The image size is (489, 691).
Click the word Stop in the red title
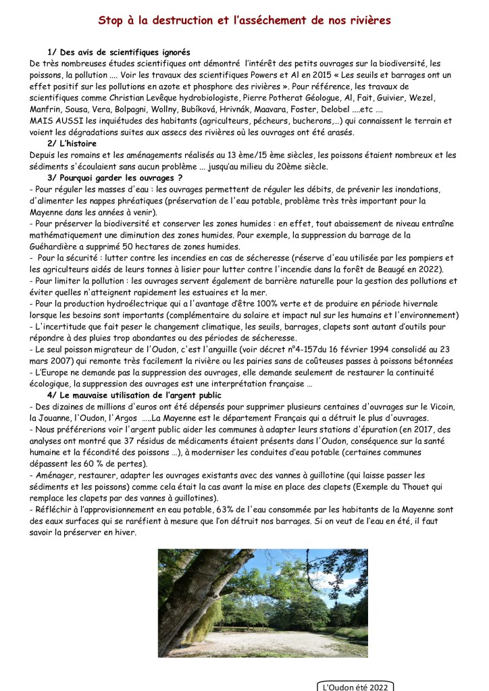click(x=113, y=21)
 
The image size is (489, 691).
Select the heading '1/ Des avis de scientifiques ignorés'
click(x=119, y=53)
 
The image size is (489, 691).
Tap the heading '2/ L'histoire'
click(x=72, y=144)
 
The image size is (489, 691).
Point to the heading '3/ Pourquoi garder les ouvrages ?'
click(x=115, y=178)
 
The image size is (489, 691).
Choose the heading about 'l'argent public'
click(x=134, y=394)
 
